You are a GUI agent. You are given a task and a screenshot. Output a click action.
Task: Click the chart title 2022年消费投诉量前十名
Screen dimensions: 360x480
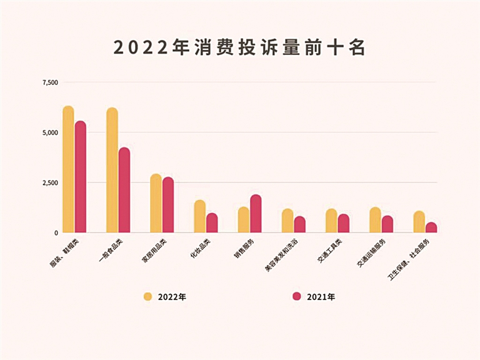pos(239,47)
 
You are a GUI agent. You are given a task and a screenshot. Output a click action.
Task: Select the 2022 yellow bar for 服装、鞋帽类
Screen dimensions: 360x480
pos(68,169)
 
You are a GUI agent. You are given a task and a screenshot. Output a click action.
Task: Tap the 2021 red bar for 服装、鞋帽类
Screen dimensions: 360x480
pos(81,176)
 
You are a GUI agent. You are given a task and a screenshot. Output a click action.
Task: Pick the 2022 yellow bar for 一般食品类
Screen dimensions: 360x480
pos(112,170)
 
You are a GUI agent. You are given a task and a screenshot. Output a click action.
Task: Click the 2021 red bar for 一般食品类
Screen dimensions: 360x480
pos(124,190)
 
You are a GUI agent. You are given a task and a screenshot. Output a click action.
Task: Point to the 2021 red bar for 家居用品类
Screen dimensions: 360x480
pos(168,204)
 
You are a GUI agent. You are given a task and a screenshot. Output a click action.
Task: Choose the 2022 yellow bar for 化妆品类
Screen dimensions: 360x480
pos(199,216)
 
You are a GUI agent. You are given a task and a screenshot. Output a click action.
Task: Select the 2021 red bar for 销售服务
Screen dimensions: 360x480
pos(256,213)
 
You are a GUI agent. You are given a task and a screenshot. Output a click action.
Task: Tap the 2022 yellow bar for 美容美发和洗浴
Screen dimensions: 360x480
pos(287,221)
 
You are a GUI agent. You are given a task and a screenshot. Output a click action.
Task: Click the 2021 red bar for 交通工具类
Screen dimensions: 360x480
pos(343,223)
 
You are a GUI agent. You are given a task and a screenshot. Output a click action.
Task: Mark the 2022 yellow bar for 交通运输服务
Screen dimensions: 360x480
pos(374,220)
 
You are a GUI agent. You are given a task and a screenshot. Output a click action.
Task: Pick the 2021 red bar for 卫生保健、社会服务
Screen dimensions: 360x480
pos(431,227)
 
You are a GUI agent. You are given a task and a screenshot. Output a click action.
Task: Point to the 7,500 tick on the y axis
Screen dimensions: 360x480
pos(50,82)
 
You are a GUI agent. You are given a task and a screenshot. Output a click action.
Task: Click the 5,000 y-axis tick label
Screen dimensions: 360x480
pos(50,132)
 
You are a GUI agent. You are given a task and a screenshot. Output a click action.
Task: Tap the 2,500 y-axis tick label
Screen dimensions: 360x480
pos(50,182)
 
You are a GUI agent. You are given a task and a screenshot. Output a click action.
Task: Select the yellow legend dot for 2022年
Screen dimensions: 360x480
pos(147,296)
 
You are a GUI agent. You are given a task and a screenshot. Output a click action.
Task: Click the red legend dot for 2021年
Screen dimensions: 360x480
pos(297,296)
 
